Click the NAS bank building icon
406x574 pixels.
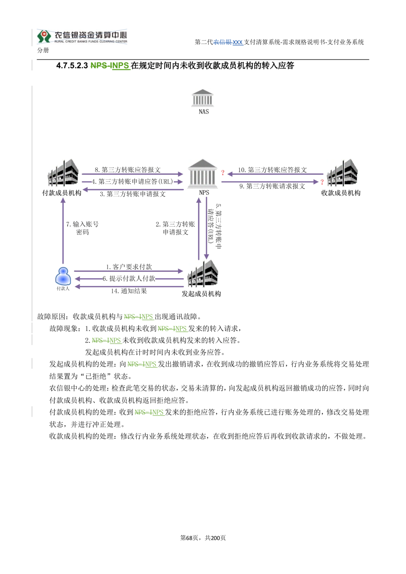click(x=202, y=98)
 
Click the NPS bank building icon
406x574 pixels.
click(x=202, y=174)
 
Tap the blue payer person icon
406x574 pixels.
click(x=63, y=276)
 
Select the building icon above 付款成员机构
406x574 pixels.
click(x=63, y=172)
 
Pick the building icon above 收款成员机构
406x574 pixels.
click(x=342, y=172)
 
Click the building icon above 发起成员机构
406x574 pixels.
click(x=203, y=273)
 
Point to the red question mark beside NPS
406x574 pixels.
click(x=222, y=173)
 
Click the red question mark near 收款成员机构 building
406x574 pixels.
click(x=322, y=182)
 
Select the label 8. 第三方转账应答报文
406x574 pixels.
click(x=127, y=170)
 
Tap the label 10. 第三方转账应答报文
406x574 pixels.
click(x=272, y=170)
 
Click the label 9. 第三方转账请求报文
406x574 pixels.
click(x=272, y=186)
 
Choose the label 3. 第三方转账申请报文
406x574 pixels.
click(x=133, y=194)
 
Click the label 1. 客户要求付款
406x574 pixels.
click(x=129, y=267)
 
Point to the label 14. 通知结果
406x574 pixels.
click(x=129, y=291)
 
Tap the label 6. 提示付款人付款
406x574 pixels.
click(x=129, y=279)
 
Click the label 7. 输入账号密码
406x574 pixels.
click(x=82, y=228)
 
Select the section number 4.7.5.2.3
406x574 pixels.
click(x=72, y=66)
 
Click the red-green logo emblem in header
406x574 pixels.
click(x=44, y=37)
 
